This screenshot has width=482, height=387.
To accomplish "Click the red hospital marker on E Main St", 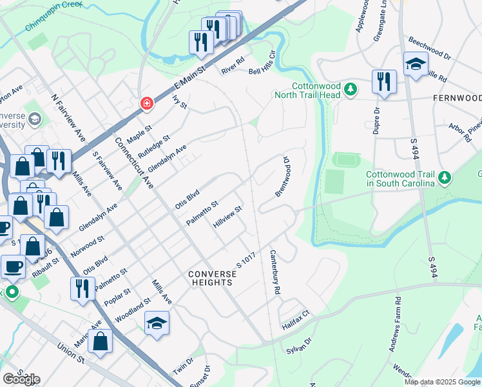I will click(x=147, y=103).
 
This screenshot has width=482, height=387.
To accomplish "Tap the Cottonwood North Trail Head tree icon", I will click(x=350, y=89).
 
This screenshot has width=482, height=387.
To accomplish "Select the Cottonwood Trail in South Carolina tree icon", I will click(x=443, y=177).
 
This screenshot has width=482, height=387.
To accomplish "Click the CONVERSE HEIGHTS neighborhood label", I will click(x=213, y=278).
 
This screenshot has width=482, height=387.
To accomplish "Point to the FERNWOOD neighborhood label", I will click(x=458, y=98).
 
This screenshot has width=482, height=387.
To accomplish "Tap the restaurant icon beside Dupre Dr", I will click(x=384, y=83).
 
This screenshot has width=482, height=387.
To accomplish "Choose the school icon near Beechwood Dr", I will click(x=416, y=64).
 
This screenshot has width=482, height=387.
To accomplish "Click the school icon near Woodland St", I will click(x=157, y=322).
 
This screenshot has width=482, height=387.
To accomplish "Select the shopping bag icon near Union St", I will click(x=100, y=341).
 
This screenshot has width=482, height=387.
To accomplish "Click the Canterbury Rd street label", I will click(x=275, y=272).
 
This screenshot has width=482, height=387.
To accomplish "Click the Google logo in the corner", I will click(x=21, y=379).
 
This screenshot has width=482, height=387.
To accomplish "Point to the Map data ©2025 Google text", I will click(x=442, y=382).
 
